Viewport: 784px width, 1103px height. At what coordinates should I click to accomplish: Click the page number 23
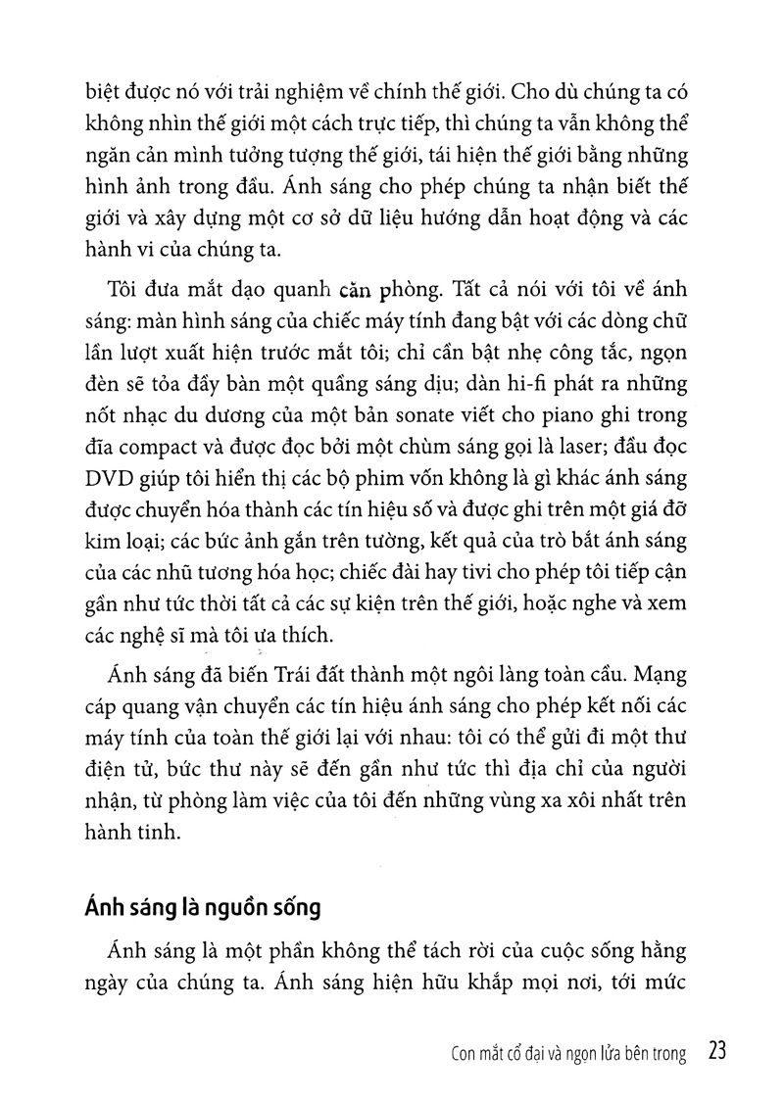pos(714,1052)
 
